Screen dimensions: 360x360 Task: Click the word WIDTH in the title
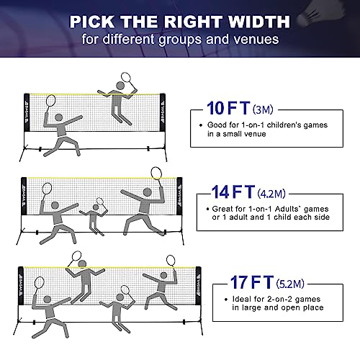pos(259,22)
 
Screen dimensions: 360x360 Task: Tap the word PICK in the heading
pos(92,22)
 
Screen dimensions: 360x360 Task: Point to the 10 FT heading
pos(228,108)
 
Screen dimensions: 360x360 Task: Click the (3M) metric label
pos(263,109)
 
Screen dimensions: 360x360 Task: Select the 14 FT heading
pos(233,192)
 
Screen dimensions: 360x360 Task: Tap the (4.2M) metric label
pos(271,194)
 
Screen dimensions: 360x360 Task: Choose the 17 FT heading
pos(252,282)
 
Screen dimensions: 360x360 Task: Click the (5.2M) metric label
pos(290,284)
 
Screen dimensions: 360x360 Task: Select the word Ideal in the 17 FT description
pos(241,299)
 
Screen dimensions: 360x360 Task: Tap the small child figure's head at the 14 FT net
pos(96,207)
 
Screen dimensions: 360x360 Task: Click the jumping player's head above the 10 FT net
pos(120,86)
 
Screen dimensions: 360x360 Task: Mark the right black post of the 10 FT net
pos(163,112)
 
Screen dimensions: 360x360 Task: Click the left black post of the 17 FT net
pos(21,286)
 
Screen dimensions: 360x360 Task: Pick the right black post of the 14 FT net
pos(179,196)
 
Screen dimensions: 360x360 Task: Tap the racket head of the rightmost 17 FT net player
pos(171,261)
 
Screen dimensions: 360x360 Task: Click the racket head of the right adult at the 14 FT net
pos(156,173)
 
